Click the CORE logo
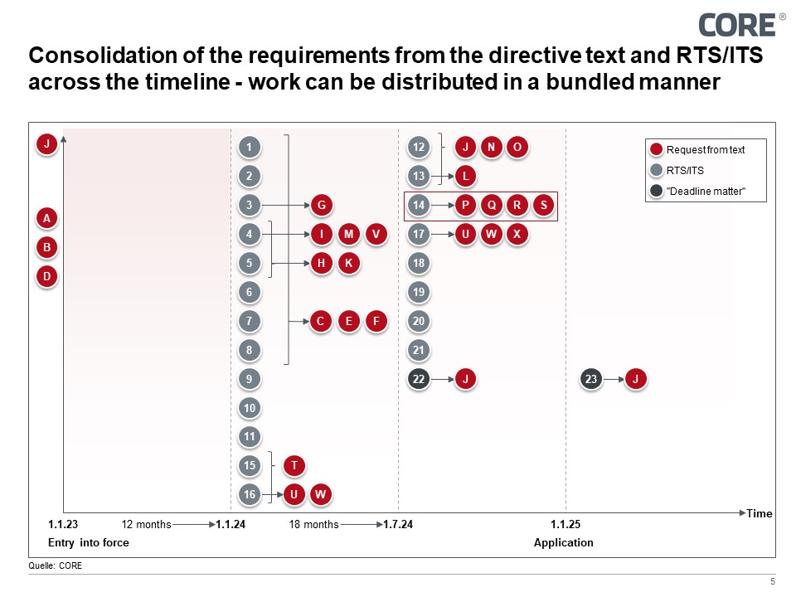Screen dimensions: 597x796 737,24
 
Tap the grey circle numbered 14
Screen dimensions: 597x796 420,205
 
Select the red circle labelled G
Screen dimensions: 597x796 321,205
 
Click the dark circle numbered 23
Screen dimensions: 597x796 591,379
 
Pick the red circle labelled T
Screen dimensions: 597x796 294,466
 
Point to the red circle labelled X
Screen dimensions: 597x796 517,234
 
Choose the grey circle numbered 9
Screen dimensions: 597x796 250,379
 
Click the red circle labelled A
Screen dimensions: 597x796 47,219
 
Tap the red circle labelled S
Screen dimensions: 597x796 543,205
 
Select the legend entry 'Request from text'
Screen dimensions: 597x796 705,150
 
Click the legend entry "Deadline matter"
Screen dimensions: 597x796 706,191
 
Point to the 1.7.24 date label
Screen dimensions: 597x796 398,525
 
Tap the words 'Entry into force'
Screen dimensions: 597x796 89,543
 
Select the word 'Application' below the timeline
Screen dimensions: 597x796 564,543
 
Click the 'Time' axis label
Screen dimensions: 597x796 760,514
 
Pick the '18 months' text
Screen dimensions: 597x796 313,525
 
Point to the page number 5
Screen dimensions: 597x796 772,581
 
